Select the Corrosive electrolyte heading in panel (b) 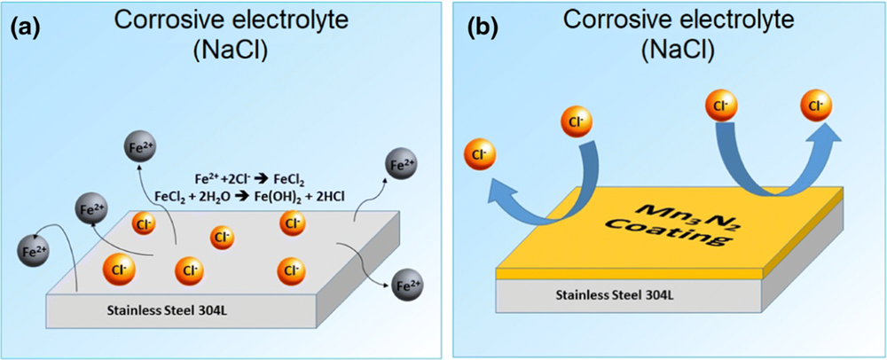[x=676, y=20]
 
